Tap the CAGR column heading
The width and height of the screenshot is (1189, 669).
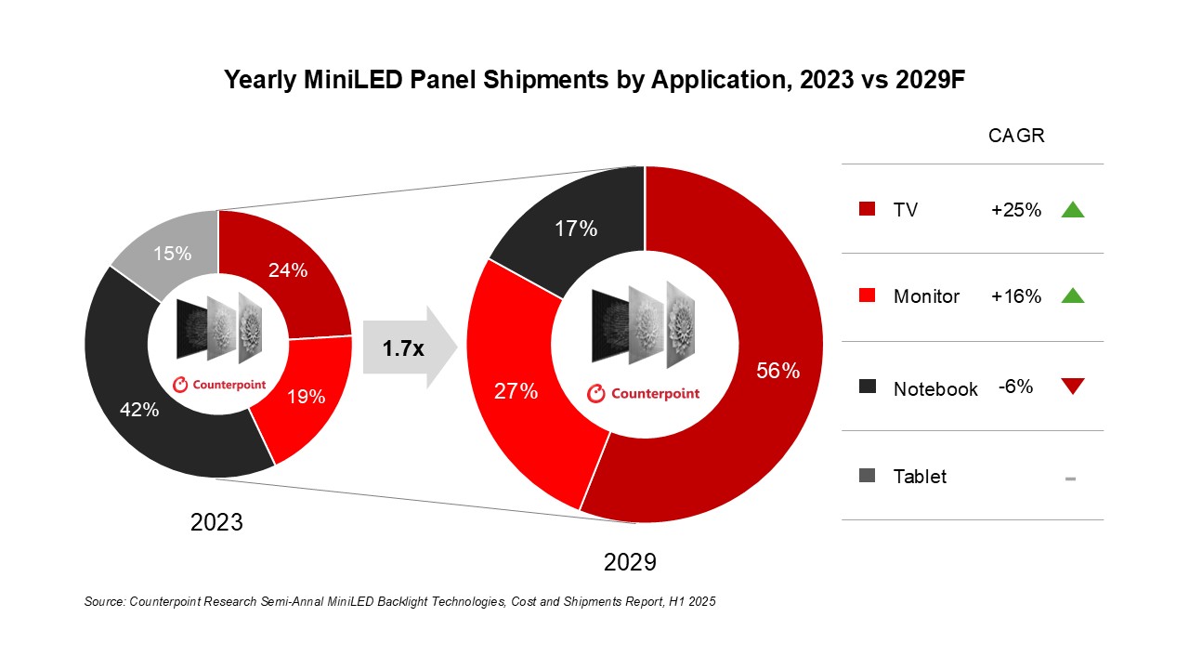[x=1016, y=136]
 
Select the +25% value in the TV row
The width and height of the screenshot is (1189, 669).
[x=1016, y=210]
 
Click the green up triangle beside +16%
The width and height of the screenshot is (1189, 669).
[x=1072, y=296]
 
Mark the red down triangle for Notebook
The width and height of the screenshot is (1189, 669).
[x=1072, y=386]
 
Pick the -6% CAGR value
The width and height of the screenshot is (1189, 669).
[x=1015, y=387]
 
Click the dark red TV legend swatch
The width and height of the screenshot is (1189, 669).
[x=868, y=209]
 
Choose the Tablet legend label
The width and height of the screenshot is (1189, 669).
[x=920, y=477]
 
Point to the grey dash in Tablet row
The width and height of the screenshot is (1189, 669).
[x=1070, y=479]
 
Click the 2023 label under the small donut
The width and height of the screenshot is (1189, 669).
[x=216, y=522]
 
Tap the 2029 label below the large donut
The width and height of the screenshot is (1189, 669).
[x=630, y=563]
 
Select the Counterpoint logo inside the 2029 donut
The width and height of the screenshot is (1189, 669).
[x=644, y=394]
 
